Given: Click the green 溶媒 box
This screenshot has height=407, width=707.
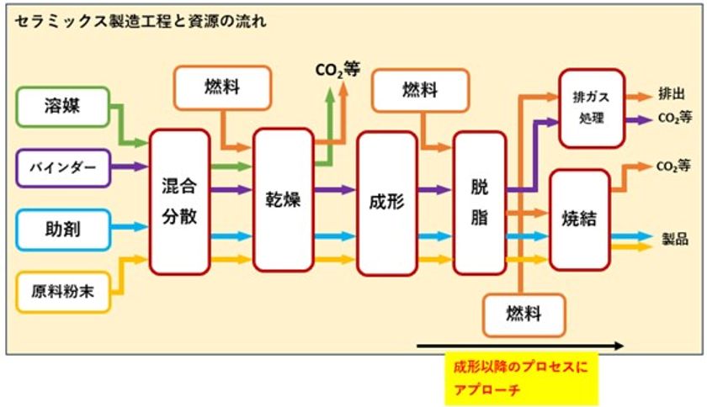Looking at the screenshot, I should [x=63, y=106].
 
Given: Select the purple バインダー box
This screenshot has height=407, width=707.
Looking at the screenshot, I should [x=63, y=168].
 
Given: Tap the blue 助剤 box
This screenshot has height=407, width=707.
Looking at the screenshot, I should [x=63, y=227].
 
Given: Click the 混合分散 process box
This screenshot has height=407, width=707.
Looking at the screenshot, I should [x=179, y=202].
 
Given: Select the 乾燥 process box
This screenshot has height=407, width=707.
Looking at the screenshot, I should [x=283, y=202].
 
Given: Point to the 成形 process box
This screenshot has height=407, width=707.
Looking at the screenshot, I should [x=387, y=203].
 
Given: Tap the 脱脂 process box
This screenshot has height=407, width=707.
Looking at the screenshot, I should [x=479, y=203].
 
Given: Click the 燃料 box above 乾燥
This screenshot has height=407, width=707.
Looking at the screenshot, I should [x=222, y=87].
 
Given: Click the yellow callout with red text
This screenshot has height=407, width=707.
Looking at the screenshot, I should [x=520, y=378].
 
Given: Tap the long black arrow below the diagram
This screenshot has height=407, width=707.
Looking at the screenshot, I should [x=520, y=345].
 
